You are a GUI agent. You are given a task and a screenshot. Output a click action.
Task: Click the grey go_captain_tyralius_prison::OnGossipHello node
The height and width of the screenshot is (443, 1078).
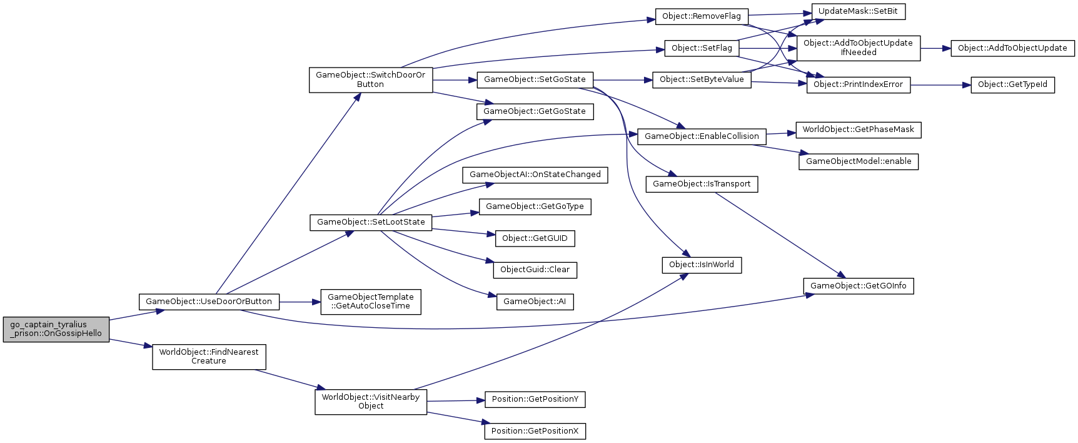(x=56, y=329)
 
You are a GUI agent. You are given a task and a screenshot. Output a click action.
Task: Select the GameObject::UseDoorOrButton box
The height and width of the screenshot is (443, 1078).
(x=209, y=302)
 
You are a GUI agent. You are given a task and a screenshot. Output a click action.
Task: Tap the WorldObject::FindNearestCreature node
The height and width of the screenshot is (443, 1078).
(x=209, y=357)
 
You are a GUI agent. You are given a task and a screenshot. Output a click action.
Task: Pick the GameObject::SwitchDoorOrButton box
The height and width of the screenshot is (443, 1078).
(x=370, y=79)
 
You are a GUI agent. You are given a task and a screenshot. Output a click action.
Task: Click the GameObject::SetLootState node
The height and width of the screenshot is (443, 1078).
(x=371, y=222)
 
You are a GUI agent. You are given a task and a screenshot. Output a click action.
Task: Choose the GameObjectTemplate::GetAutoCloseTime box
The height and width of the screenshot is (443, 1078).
(x=370, y=302)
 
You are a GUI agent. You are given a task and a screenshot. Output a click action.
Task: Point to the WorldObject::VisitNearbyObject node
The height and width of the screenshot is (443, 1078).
(x=371, y=402)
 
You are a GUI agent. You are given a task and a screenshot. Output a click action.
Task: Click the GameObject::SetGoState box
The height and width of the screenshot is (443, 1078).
(x=535, y=79)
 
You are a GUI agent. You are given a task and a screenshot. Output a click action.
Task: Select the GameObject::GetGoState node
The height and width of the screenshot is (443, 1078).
(x=535, y=111)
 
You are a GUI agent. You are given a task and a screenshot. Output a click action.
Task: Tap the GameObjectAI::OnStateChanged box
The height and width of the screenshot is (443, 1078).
(x=535, y=175)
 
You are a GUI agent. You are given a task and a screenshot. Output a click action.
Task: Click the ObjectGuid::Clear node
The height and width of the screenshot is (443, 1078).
(x=535, y=270)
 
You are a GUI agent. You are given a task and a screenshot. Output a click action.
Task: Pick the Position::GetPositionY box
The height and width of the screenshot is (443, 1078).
(x=535, y=399)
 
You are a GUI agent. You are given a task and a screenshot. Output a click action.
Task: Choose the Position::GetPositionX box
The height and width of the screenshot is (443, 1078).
(x=535, y=431)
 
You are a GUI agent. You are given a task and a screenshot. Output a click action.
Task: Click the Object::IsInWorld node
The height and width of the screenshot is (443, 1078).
(x=702, y=265)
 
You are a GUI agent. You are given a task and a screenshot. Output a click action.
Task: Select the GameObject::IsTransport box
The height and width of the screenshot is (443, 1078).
(x=702, y=184)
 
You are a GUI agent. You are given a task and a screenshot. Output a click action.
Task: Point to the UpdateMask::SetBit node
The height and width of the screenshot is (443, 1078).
(x=858, y=11)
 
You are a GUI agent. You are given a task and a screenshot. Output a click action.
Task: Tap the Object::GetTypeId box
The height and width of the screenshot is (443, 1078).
(x=1012, y=84)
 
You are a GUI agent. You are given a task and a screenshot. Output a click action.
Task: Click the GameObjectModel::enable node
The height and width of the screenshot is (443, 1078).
(x=859, y=161)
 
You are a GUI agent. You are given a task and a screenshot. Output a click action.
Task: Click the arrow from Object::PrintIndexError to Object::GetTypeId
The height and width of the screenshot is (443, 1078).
(x=940, y=84)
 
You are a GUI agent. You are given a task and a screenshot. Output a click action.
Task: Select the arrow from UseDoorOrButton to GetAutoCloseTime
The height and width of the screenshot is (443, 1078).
(x=300, y=302)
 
